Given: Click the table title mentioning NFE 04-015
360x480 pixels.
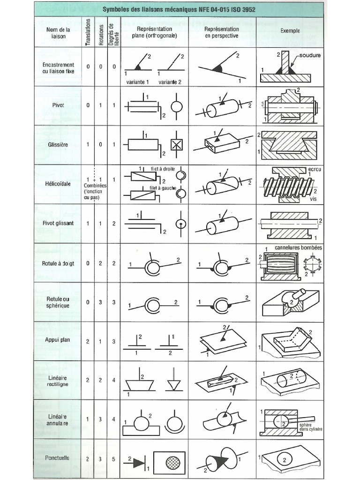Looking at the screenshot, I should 179,9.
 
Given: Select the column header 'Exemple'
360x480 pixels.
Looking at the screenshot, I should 290,31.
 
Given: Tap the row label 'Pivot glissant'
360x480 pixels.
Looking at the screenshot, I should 58,223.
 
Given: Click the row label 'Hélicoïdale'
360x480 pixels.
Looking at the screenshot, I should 59,184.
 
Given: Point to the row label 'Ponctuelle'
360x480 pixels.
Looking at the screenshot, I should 57,457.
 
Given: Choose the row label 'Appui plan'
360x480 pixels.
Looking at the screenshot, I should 58,340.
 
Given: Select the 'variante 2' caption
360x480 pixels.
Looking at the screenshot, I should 170,82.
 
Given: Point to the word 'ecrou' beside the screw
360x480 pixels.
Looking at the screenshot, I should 314,169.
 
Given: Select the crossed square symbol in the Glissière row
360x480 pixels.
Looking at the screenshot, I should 176,145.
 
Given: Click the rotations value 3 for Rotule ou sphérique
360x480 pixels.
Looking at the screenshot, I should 100,302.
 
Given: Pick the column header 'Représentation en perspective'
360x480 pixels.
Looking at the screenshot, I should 222,32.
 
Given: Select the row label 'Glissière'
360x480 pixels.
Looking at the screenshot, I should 59,145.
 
